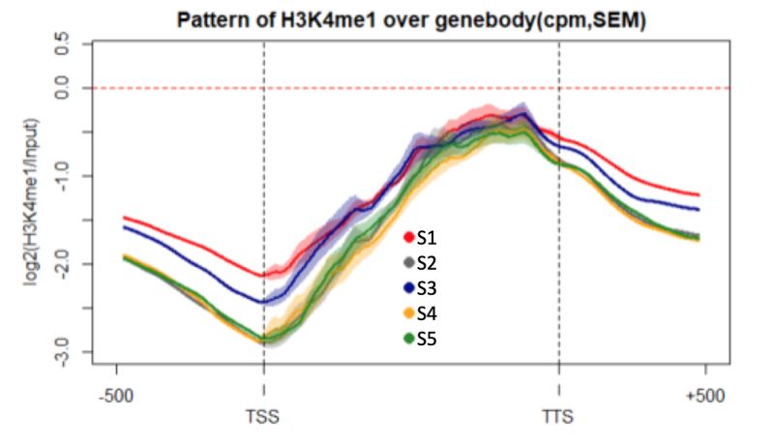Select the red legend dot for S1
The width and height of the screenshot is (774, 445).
coord(409,236)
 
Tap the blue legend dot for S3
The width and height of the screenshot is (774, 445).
coord(409,287)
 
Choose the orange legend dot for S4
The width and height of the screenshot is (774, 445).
coord(409,312)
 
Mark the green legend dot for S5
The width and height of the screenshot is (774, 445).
coord(409,338)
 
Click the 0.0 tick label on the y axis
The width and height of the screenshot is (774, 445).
coord(63,88)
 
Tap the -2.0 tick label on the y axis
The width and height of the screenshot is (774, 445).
coord(63,263)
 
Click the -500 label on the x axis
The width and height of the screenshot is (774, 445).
coord(117,396)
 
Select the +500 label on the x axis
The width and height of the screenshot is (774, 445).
coord(703,396)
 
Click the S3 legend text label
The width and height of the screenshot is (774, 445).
coord(427,287)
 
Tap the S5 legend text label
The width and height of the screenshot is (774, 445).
coord(427,339)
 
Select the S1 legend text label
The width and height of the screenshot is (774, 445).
coord(427,236)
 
